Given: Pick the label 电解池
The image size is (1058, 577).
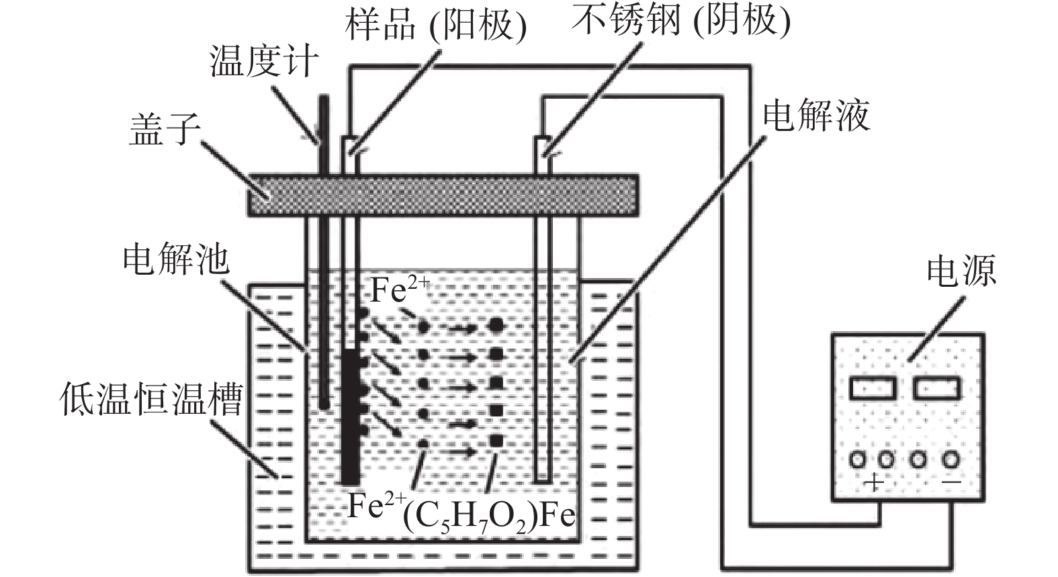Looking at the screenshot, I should tap(176, 259).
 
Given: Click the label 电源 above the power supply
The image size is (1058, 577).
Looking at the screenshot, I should tap(961, 271).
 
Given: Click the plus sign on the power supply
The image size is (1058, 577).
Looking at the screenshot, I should tap(873, 482).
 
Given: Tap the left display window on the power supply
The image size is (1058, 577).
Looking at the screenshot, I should tap(873, 388).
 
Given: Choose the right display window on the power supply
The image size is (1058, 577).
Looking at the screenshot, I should tap(936, 388).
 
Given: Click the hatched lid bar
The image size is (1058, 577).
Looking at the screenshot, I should tap(443, 195).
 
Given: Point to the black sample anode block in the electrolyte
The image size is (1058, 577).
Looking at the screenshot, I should tap(349, 416).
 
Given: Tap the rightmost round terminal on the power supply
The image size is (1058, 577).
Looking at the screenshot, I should tap(950, 459).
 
